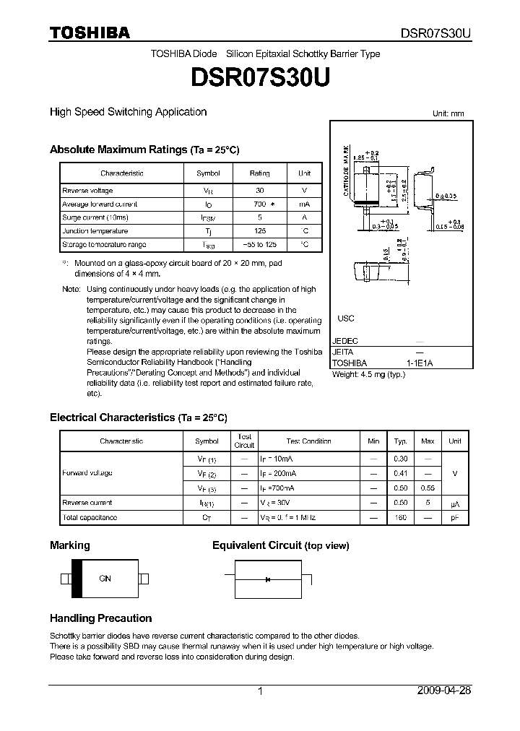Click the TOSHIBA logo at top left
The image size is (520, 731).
point(90,32)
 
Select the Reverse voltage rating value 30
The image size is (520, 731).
point(259,190)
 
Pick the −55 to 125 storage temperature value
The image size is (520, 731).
point(259,245)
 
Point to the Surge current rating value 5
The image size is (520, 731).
point(259,217)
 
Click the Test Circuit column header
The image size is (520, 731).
point(245,441)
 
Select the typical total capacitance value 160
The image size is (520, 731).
point(400,517)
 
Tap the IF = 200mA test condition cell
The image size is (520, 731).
point(277,473)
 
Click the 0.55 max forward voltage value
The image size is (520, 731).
point(428,488)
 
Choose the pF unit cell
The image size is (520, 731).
point(455,517)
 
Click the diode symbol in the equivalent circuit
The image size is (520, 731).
point(268,579)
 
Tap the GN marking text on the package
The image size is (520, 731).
point(105,579)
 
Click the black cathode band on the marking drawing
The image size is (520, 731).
point(76,579)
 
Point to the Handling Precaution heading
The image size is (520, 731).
point(100,618)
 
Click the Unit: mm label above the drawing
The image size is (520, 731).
point(448,114)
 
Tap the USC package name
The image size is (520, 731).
point(346,319)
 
